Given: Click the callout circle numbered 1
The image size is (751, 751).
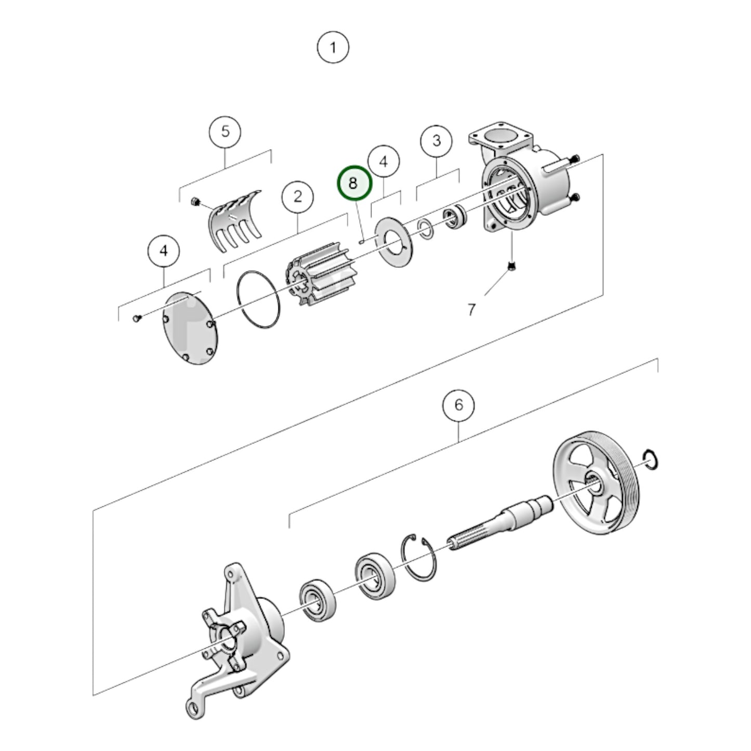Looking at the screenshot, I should pyautogui.click(x=333, y=48).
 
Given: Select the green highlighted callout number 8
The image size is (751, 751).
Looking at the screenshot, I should pyautogui.click(x=354, y=183).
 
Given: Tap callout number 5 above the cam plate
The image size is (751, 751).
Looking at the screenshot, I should pyautogui.click(x=225, y=131).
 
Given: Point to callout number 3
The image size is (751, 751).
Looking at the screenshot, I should pyautogui.click(x=437, y=140).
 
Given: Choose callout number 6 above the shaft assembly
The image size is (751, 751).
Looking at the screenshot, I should pyautogui.click(x=458, y=404).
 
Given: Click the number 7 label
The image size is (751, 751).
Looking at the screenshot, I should pyautogui.click(x=471, y=310).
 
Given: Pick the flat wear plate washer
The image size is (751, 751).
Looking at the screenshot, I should pyautogui.click(x=393, y=242).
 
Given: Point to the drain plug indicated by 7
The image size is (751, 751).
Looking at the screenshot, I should pyautogui.click(x=511, y=267).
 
